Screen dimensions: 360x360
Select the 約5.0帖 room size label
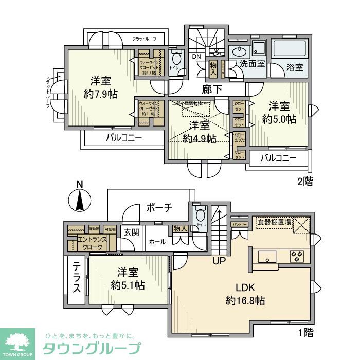tap(279, 119)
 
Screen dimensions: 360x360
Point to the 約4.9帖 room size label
tap(199, 138)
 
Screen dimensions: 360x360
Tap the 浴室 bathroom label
tap(295, 67)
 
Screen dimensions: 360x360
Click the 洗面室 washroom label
tap(253, 64)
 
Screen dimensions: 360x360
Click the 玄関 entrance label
tap(131, 232)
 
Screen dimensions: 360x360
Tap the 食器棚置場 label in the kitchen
tap(274, 222)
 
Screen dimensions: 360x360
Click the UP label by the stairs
tap(220, 261)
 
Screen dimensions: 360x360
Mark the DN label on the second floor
tap(196, 57)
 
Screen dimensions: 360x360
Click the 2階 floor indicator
tap(305, 181)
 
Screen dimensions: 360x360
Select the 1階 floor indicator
tap(305, 332)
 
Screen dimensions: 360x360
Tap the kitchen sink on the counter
tap(267, 256)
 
